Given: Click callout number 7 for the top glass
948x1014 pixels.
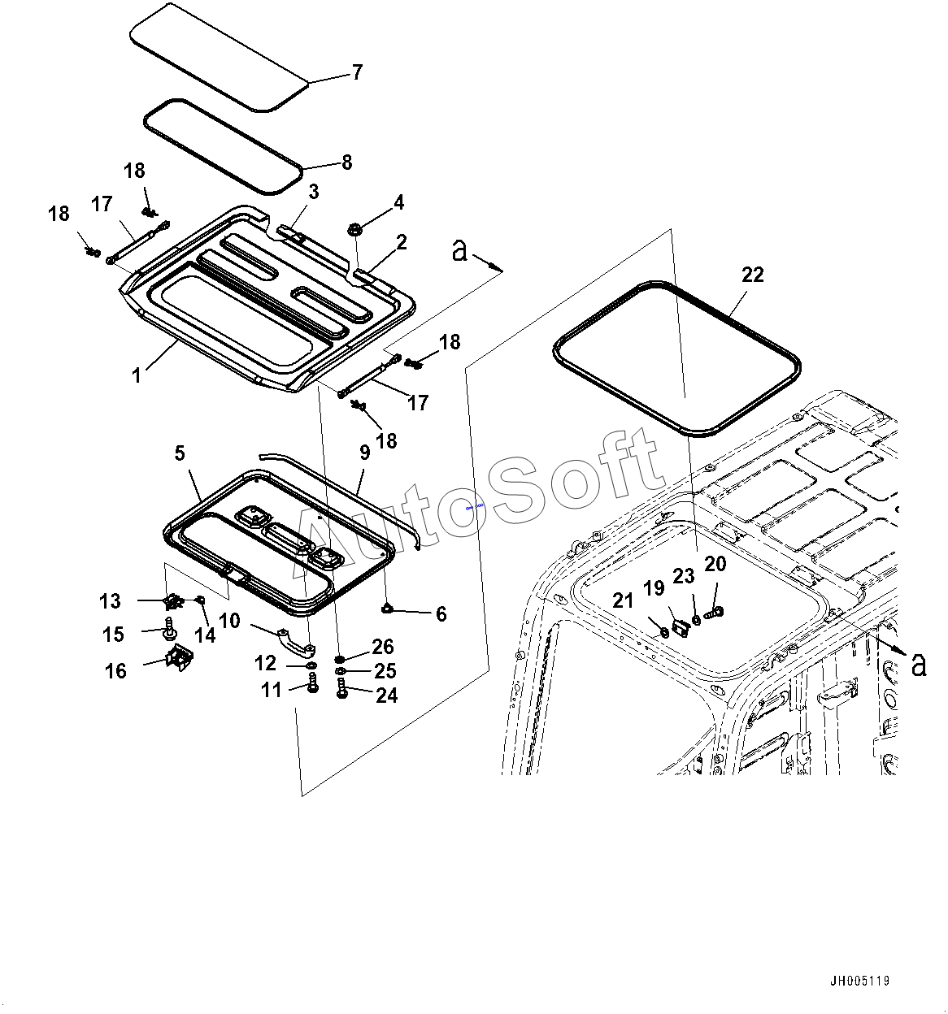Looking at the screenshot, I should coord(357,72).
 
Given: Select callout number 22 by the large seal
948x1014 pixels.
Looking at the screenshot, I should coord(753,275).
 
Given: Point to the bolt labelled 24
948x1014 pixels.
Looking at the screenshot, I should coord(341,691).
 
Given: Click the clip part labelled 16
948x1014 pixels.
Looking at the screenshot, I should coord(179,657).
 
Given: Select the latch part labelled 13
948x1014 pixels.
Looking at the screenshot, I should coord(172,602).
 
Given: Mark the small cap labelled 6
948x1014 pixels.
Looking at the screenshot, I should coord(389,607).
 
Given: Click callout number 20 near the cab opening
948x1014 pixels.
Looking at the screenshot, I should coord(715,564).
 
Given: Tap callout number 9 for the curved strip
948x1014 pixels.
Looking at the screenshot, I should coord(364,453).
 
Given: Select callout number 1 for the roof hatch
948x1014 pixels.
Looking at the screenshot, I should coord(137,375).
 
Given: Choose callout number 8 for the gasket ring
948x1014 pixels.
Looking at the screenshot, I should coord(347,162).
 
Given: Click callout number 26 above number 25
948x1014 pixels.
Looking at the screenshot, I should coord(383,646).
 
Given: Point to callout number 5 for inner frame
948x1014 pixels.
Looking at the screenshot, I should coord(180,453).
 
